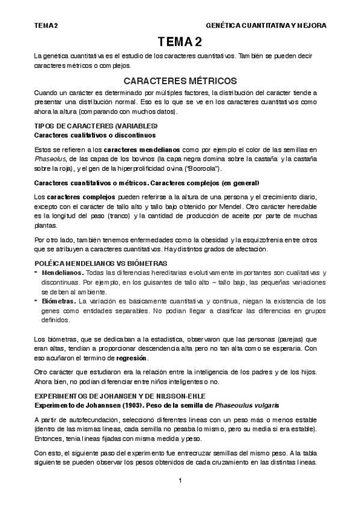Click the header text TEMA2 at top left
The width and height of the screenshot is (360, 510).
pos(46,26)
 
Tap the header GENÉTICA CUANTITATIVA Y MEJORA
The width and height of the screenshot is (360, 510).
pos(266,26)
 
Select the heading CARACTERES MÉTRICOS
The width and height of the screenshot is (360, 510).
pos(180,80)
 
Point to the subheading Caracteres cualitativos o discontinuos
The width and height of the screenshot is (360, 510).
pos(91,135)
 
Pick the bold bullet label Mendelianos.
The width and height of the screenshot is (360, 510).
pos(62,272)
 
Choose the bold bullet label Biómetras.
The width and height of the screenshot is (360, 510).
pos(59,300)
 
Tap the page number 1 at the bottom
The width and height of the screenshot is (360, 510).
pos(180,481)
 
